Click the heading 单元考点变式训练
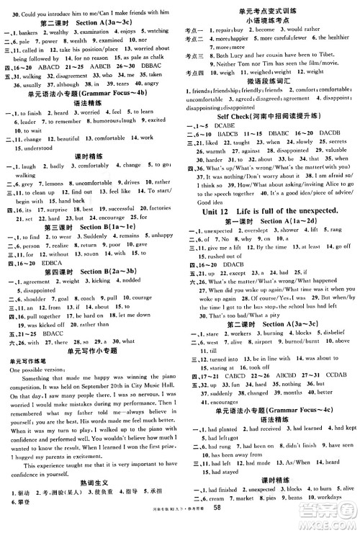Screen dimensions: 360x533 269,6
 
